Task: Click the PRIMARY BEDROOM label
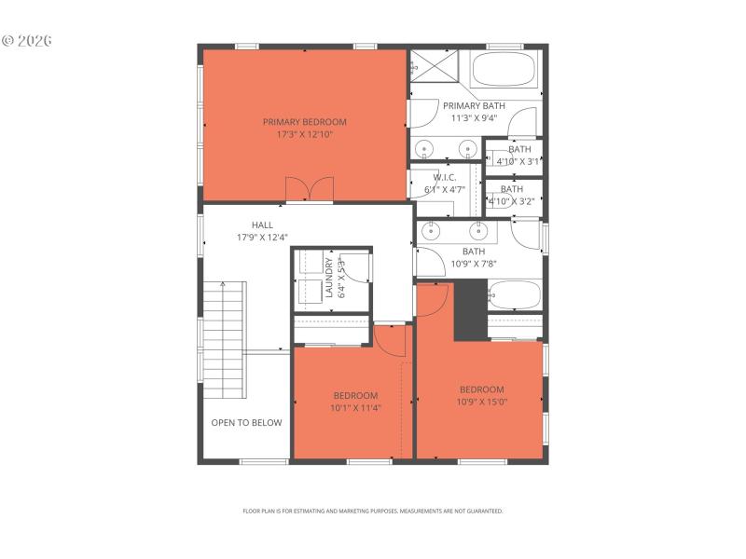point(304,122)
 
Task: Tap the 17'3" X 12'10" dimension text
point(304,134)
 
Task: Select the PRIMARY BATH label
point(474,106)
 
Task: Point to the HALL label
point(262,225)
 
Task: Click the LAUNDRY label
point(329,278)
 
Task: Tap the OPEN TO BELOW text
point(246,423)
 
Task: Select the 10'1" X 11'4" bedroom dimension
point(355,407)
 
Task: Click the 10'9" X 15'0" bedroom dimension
point(481,402)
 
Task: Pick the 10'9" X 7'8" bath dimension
point(474,264)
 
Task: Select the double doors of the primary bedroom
point(309,189)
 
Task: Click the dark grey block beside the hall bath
point(470,309)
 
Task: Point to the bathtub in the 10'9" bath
point(514,294)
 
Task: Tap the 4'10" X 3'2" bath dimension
point(512,200)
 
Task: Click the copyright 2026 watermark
point(27,41)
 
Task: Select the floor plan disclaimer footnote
point(373,511)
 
